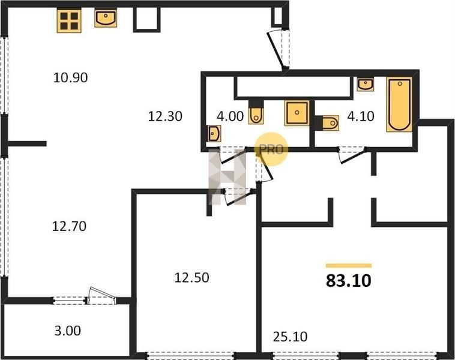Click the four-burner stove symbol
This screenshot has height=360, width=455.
pyautogui.click(x=69, y=20)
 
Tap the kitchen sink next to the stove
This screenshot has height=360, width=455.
pyautogui.click(x=106, y=18)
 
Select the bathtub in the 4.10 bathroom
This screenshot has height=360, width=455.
pyautogui.click(x=400, y=104)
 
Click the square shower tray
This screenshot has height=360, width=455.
pyautogui.click(x=297, y=113)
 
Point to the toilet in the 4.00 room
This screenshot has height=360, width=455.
pyautogui.click(x=256, y=112)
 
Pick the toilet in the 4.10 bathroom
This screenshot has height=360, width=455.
pyautogui.click(x=327, y=123)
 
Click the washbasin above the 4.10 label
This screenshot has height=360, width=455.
pyautogui.click(x=366, y=85)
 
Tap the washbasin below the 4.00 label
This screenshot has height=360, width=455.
pyautogui.click(x=214, y=134)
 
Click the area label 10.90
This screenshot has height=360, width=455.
pyautogui.click(x=70, y=78)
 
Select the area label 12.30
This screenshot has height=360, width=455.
pyautogui.click(x=165, y=116)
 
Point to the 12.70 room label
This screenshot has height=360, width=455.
pyautogui.click(x=69, y=226)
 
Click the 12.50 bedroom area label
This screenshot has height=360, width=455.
pyautogui.click(x=191, y=278)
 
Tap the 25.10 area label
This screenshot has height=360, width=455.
pyautogui.click(x=290, y=337)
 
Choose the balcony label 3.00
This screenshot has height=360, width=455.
pyautogui.click(x=68, y=331)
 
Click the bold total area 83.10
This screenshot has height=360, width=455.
pyautogui.click(x=349, y=281)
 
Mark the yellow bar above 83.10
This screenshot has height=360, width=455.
pyautogui.click(x=349, y=265)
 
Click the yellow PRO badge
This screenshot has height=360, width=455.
pyautogui.click(x=271, y=149)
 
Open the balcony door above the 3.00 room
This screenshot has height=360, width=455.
pyautogui.click(x=101, y=296)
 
